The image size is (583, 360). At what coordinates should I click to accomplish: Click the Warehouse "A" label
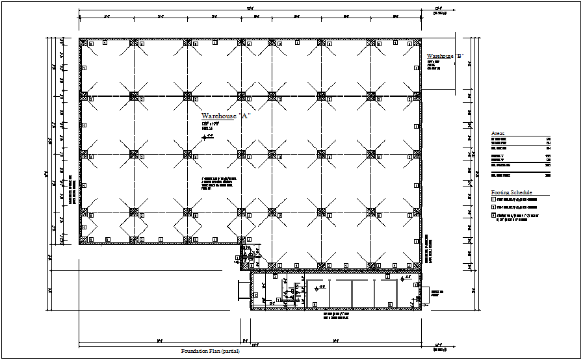click(x=226, y=116)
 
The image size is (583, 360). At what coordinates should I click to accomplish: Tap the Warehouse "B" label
click(x=444, y=57)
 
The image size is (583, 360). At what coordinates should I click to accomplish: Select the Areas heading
click(x=498, y=133)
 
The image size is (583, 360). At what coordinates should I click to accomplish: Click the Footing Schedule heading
click(x=512, y=192)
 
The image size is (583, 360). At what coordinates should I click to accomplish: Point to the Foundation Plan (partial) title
click(x=210, y=351)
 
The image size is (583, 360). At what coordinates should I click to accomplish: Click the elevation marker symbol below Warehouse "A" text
click(x=206, y=137)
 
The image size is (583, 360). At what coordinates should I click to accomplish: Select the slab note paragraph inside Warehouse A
click(x=217, y=183)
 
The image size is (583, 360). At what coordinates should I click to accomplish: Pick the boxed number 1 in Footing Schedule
click(x=493, y=199)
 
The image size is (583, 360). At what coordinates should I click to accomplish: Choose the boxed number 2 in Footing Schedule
click(x=493, y=207)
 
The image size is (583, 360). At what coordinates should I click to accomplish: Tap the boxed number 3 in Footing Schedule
click(x=493, y=215)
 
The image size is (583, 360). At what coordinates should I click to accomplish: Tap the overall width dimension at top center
click(x=249, y=8)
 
